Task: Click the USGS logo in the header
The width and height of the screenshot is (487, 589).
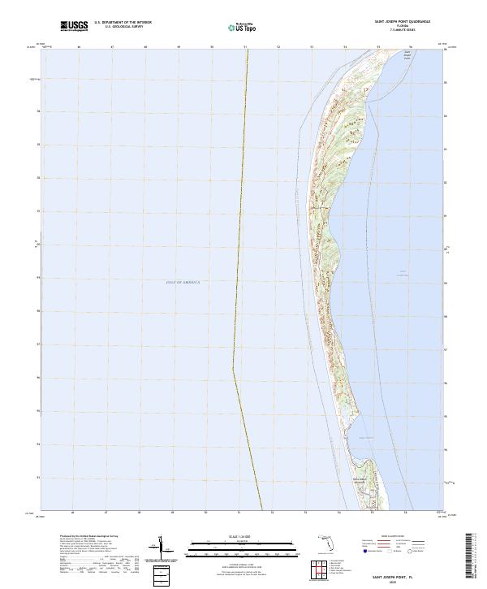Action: (x=74, y=26)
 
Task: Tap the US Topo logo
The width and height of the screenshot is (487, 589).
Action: (x=244, y=27)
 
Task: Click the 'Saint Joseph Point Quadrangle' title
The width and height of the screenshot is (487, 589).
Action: (x=402, y=22)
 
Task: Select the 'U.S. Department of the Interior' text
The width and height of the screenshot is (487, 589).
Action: (x=123, y=23)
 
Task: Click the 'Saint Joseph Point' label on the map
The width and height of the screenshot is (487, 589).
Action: (x=406, y=56)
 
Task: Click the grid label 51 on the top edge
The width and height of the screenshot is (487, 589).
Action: (x=245, y=47)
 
